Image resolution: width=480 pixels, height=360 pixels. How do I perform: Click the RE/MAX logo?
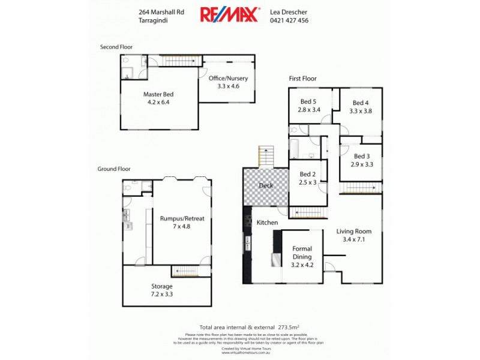pos(230,14)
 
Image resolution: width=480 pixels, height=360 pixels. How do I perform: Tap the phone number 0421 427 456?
pos(289,20)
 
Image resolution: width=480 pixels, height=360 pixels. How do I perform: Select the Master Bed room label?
pos(159,94)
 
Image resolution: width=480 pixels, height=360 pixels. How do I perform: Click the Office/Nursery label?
pos(228,79)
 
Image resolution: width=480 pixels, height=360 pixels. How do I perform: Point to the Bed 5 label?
pos(310,102)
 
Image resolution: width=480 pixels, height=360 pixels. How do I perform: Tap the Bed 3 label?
pos(362,156)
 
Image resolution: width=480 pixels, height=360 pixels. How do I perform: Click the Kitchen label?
pos(267,223)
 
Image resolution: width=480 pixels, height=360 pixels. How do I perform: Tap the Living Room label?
pos(354,231)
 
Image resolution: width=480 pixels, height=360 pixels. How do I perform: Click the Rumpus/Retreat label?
pos(182,218)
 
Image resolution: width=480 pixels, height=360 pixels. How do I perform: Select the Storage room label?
pos(162,286)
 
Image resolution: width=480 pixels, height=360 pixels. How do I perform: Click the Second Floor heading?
pos(116,47)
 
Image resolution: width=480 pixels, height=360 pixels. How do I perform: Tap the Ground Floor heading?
pos(114,169)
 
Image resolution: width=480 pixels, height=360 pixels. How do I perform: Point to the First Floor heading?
pos(302,79)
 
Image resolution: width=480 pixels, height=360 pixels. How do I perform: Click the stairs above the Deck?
pos(266,157)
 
